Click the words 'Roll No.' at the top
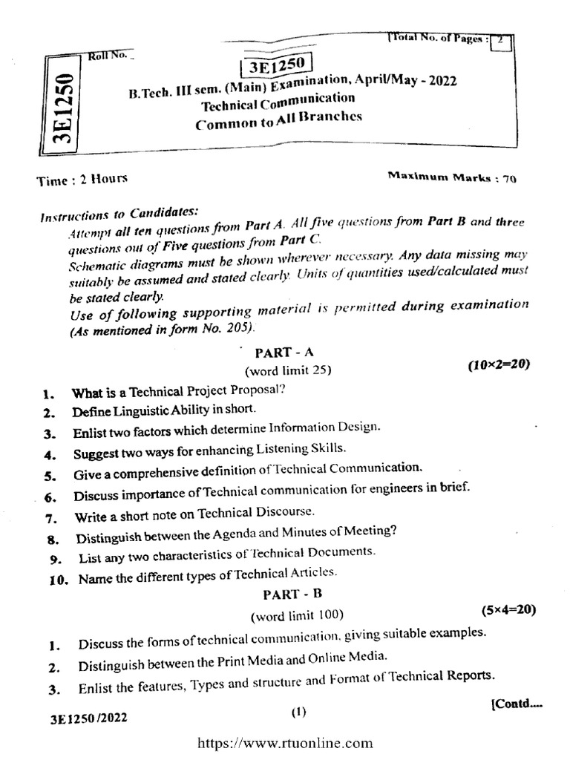105,55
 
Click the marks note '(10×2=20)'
498,365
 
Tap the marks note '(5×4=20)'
508,610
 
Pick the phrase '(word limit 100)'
297,615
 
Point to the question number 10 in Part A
59,580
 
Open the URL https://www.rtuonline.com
284,743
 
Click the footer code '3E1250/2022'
79,718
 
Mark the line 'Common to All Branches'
279,122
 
